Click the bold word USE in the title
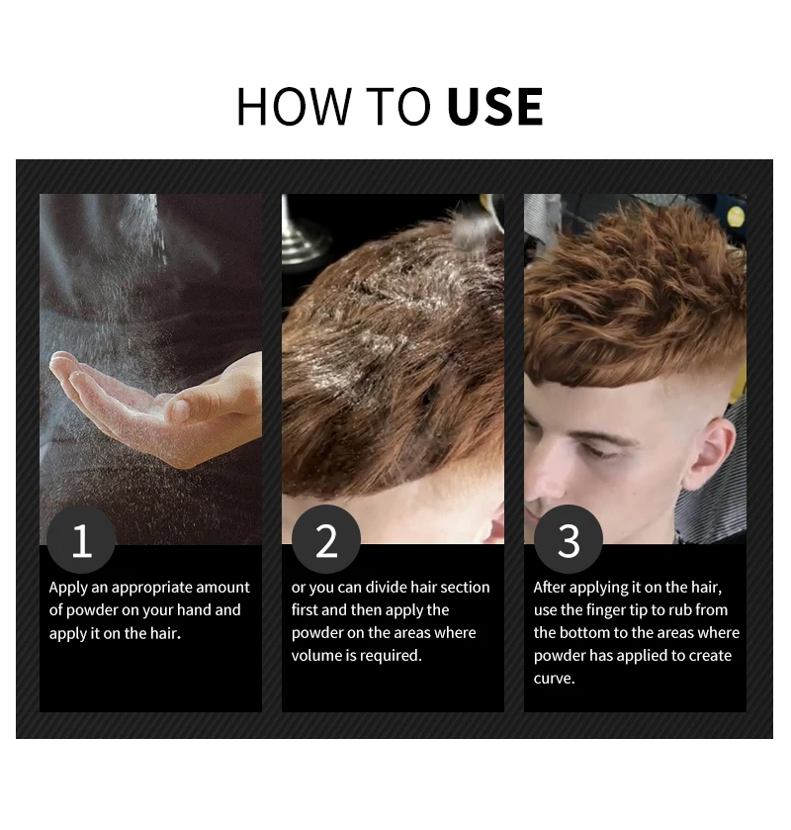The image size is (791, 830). (494, 107)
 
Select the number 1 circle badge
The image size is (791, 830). (82, 540)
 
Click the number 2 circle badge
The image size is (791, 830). (326, 540)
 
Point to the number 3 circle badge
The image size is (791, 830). (569, 540)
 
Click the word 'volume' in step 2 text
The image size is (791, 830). (314, 655)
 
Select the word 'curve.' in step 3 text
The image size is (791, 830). (555, 678)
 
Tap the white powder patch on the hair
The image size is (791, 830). (395, 297)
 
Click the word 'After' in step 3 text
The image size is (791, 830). (550, 588)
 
